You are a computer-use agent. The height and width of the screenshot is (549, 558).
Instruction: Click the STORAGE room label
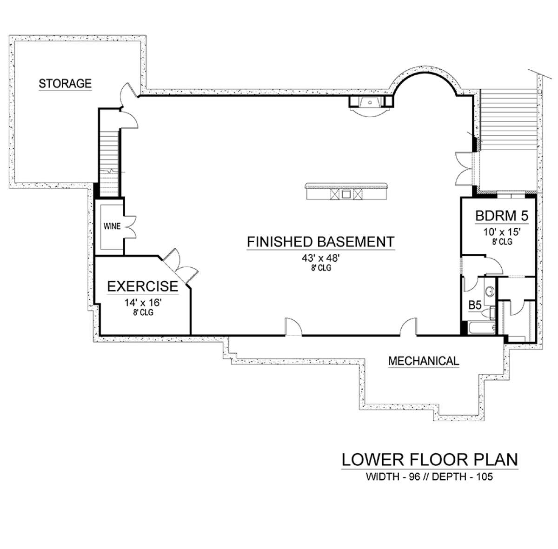click(65, 83)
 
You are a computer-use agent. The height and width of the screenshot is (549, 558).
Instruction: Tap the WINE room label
click(112, 226)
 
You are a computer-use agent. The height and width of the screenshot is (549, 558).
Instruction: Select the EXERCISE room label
click(143, 286)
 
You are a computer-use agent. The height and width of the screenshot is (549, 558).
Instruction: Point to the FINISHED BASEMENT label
click(320, 242)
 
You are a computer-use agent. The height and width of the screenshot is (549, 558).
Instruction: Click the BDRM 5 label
click(502, 216)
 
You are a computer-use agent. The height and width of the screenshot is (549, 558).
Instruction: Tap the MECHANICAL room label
click(424, 361)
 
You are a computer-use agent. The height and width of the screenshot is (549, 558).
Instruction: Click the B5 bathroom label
click(475, 305)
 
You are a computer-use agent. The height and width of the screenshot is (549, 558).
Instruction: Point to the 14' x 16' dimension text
click(143, 303)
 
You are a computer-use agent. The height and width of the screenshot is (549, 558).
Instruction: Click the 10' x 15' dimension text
click(502, 232)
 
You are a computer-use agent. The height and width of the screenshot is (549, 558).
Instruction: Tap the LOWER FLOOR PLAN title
click(430, 460)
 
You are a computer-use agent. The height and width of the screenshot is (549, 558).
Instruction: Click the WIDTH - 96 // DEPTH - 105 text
click(430, 476)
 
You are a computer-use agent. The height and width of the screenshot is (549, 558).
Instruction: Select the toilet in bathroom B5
click(489, 313)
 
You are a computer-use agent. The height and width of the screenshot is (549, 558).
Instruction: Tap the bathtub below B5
click(482, 328)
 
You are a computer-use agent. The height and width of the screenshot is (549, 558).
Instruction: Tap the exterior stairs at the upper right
click(509, 119)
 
